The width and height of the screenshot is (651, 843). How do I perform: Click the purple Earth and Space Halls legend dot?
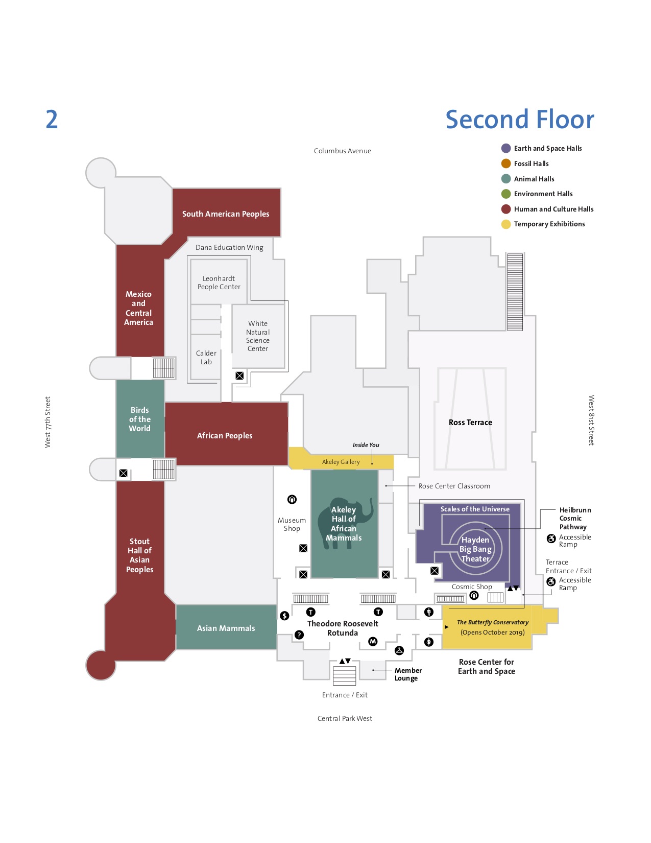click(x=506, y=148)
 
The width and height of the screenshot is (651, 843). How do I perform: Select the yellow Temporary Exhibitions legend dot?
click(x=506, y=224)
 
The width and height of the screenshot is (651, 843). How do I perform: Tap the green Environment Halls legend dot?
click(x=506, y=194)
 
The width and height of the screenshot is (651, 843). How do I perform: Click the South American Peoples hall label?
click(x=226, y=214)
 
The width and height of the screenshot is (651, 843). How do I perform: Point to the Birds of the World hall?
click(x=140, y=419)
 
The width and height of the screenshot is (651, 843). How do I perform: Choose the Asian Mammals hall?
click(x=226, y=628)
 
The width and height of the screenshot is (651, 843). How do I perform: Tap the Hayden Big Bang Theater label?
click(x=475, y=549)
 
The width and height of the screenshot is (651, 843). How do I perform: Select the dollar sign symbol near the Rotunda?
click(x=284, y=616)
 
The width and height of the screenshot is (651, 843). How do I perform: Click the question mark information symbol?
click(x=299, y=635)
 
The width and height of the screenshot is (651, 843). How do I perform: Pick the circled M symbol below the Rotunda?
click(x=373, y=641)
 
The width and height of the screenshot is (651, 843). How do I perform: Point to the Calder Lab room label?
click(x=206, y=357)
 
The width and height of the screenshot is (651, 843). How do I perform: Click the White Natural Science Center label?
click(x=258, y=336)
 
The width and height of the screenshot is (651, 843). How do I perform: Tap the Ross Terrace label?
click(x=470, y=423)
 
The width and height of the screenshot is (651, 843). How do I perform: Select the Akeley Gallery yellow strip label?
click(x=341, y=462)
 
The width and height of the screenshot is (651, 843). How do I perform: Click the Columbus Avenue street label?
click(x=342, y=151)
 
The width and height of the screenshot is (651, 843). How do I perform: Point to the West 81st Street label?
click(x=591, y=420)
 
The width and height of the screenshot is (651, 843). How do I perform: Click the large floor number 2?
click(x=52, y=120)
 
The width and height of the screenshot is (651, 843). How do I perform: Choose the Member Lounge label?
click(x=407, y=674)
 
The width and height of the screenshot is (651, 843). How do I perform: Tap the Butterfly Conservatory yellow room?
click(x=492, y=627)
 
